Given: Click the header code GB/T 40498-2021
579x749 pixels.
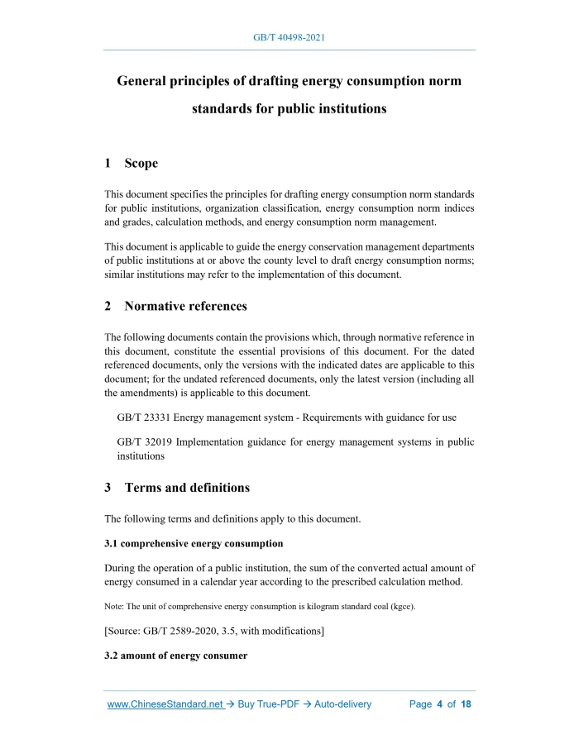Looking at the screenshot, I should click(x=289, y=38).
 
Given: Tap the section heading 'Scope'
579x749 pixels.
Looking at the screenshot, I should click(x=141, y=164).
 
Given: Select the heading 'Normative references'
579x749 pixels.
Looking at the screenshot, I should click(x=185, y=306).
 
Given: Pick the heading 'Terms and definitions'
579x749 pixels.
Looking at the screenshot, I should click(x=187, y=487).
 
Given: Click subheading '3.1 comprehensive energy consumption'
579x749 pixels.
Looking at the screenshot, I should click(x=194, y=543).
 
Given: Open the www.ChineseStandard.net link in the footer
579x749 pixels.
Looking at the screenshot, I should click(x=165, y=704).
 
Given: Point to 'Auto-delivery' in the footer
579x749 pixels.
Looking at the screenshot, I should click(x=339, y=704).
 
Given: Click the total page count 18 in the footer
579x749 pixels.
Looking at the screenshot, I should click(x=466, y=704).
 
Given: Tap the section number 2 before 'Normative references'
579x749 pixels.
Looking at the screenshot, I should click(x=108, y=306).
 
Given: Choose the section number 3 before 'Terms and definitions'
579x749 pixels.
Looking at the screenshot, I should click(x=108, y=487).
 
